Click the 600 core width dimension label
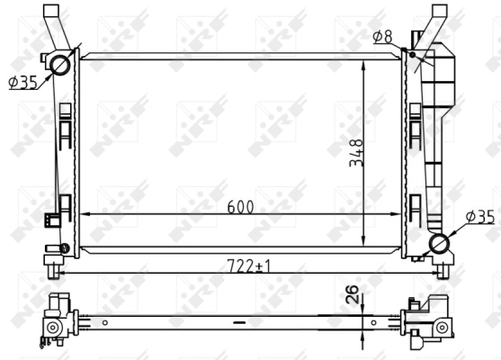(240, 207)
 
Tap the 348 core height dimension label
(356, 153)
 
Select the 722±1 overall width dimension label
(248, 265)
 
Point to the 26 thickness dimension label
(352, 293)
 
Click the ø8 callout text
(382, 36)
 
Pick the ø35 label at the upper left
(23, 82)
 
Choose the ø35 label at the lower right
(480, 217)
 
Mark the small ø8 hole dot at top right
(413, 55)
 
